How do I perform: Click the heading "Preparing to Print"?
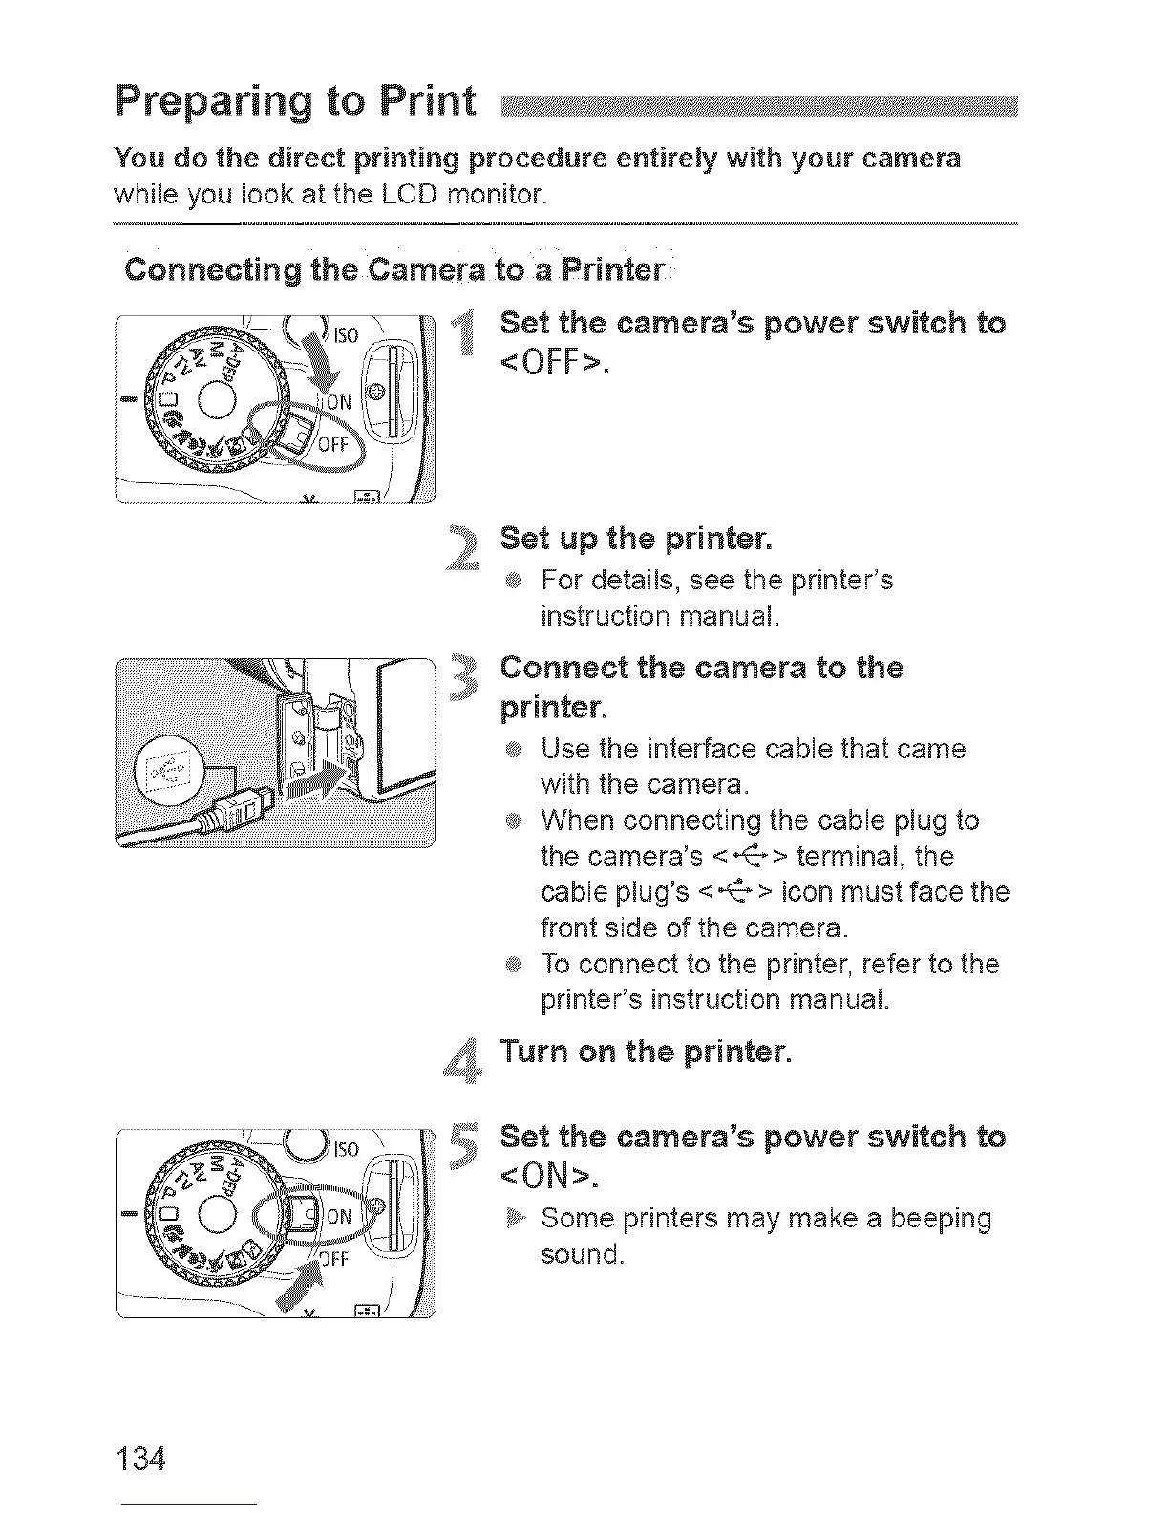point(295,103)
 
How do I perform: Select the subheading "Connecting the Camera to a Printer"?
point(394,270)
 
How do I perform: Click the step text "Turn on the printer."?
point(647,1053)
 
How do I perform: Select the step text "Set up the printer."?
point(635,540)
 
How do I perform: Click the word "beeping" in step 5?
point(940,1219)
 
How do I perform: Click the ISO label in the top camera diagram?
point(346,334)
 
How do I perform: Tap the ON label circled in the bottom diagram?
point(340,1216)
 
